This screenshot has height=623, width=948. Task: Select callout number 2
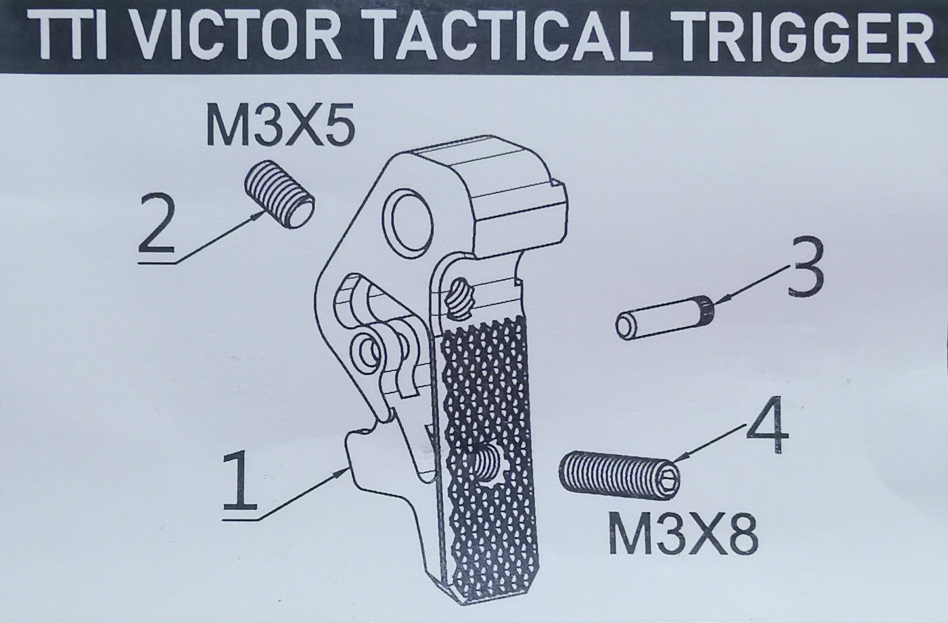click(x=157, y=225)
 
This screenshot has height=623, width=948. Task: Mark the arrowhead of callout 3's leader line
click(x=716, y=303)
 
